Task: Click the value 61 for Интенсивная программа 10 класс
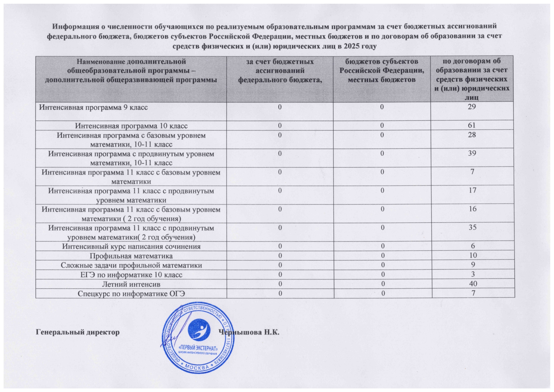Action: point(472,126)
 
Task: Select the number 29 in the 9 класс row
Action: point(472,107)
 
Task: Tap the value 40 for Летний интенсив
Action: point(473,284)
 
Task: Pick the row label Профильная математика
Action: point(131,256)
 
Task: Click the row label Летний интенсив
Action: point(131,284)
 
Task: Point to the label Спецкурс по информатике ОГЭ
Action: point(131,294)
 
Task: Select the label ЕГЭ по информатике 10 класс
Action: point(131,275)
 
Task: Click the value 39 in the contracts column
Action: point(472,153)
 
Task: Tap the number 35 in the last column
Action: point(473,228)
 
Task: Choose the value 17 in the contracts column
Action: point(473,191)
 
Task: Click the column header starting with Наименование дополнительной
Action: point(131,70)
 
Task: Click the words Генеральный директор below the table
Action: point(78,333)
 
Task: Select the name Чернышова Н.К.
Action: point(250,333)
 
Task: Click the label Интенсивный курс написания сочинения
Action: point(131,246)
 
